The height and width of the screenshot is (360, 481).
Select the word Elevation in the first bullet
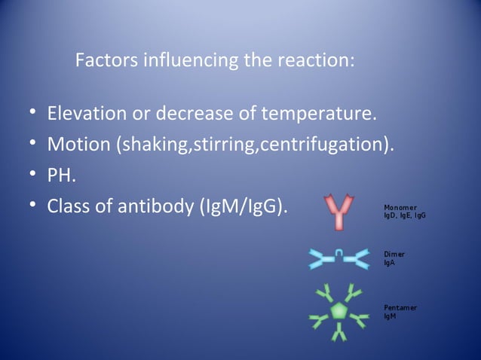[85, 115]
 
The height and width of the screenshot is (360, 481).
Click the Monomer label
[400, 207]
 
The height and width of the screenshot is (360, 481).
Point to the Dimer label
[394, 255]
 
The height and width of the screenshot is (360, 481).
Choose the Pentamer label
[400, 308]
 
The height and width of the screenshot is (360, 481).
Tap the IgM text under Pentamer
[389, 316]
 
